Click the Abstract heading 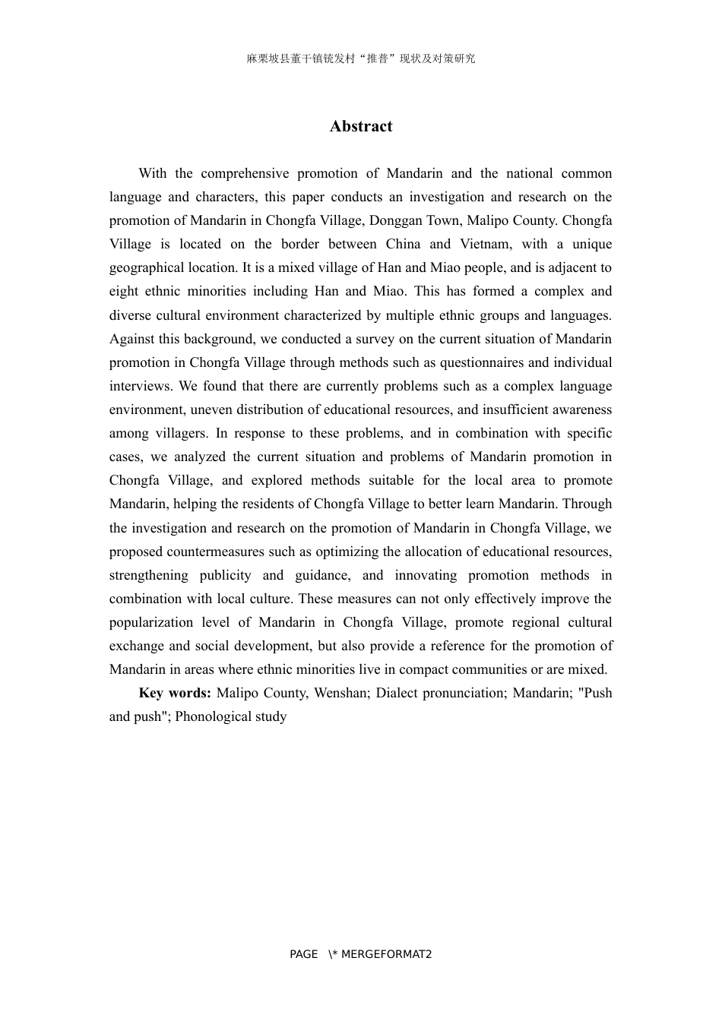click(x=361, y=126)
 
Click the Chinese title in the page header click(x=361, y=58)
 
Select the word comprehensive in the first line click(x=245, y=173)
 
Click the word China click(x=403, y=244)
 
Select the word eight click(x=123, y=291)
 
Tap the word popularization click(x=147, y=622)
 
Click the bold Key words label click(x=175, y=693)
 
